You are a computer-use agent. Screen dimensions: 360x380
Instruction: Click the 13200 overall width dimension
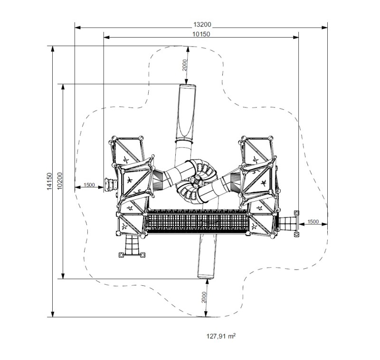(201, 25)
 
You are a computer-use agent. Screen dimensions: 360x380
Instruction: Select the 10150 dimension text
(201, 34)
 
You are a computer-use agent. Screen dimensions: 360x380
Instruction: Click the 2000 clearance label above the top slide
(184, 65)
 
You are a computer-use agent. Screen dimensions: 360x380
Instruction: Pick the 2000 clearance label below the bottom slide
(203, 298)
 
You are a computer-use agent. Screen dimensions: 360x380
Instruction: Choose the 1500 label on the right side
(313, 222)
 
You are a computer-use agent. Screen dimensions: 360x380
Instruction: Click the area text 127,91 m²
(221, 336)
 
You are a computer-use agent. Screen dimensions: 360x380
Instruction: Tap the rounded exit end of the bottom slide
(206, 275)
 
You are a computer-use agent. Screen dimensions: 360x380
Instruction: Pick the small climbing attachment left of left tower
(111, 184)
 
